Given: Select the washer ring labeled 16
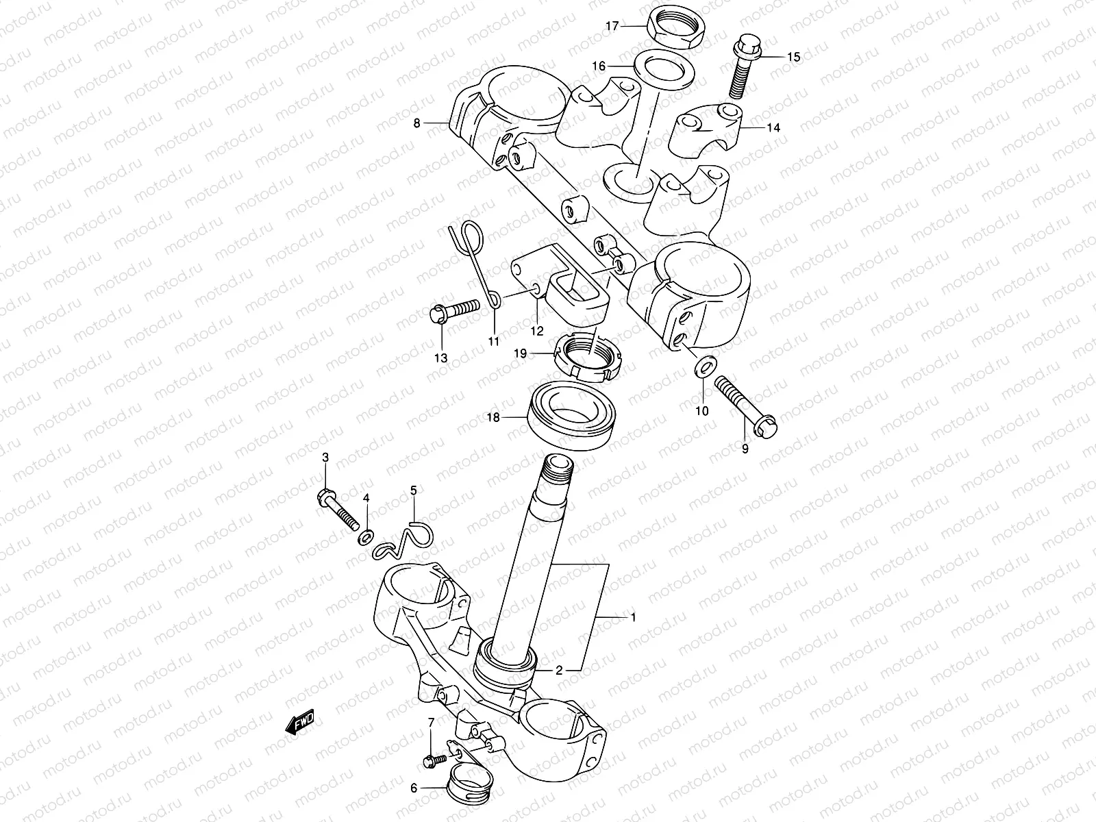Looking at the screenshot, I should [662, 69].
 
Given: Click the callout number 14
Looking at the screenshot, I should [773, 127].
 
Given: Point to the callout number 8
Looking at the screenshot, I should [416, 124].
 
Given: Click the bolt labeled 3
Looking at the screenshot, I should [339, 510].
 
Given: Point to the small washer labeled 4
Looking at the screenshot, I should [366, 535].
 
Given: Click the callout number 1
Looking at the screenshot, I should [634, 617].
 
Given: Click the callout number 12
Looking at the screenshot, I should [536, 331].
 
